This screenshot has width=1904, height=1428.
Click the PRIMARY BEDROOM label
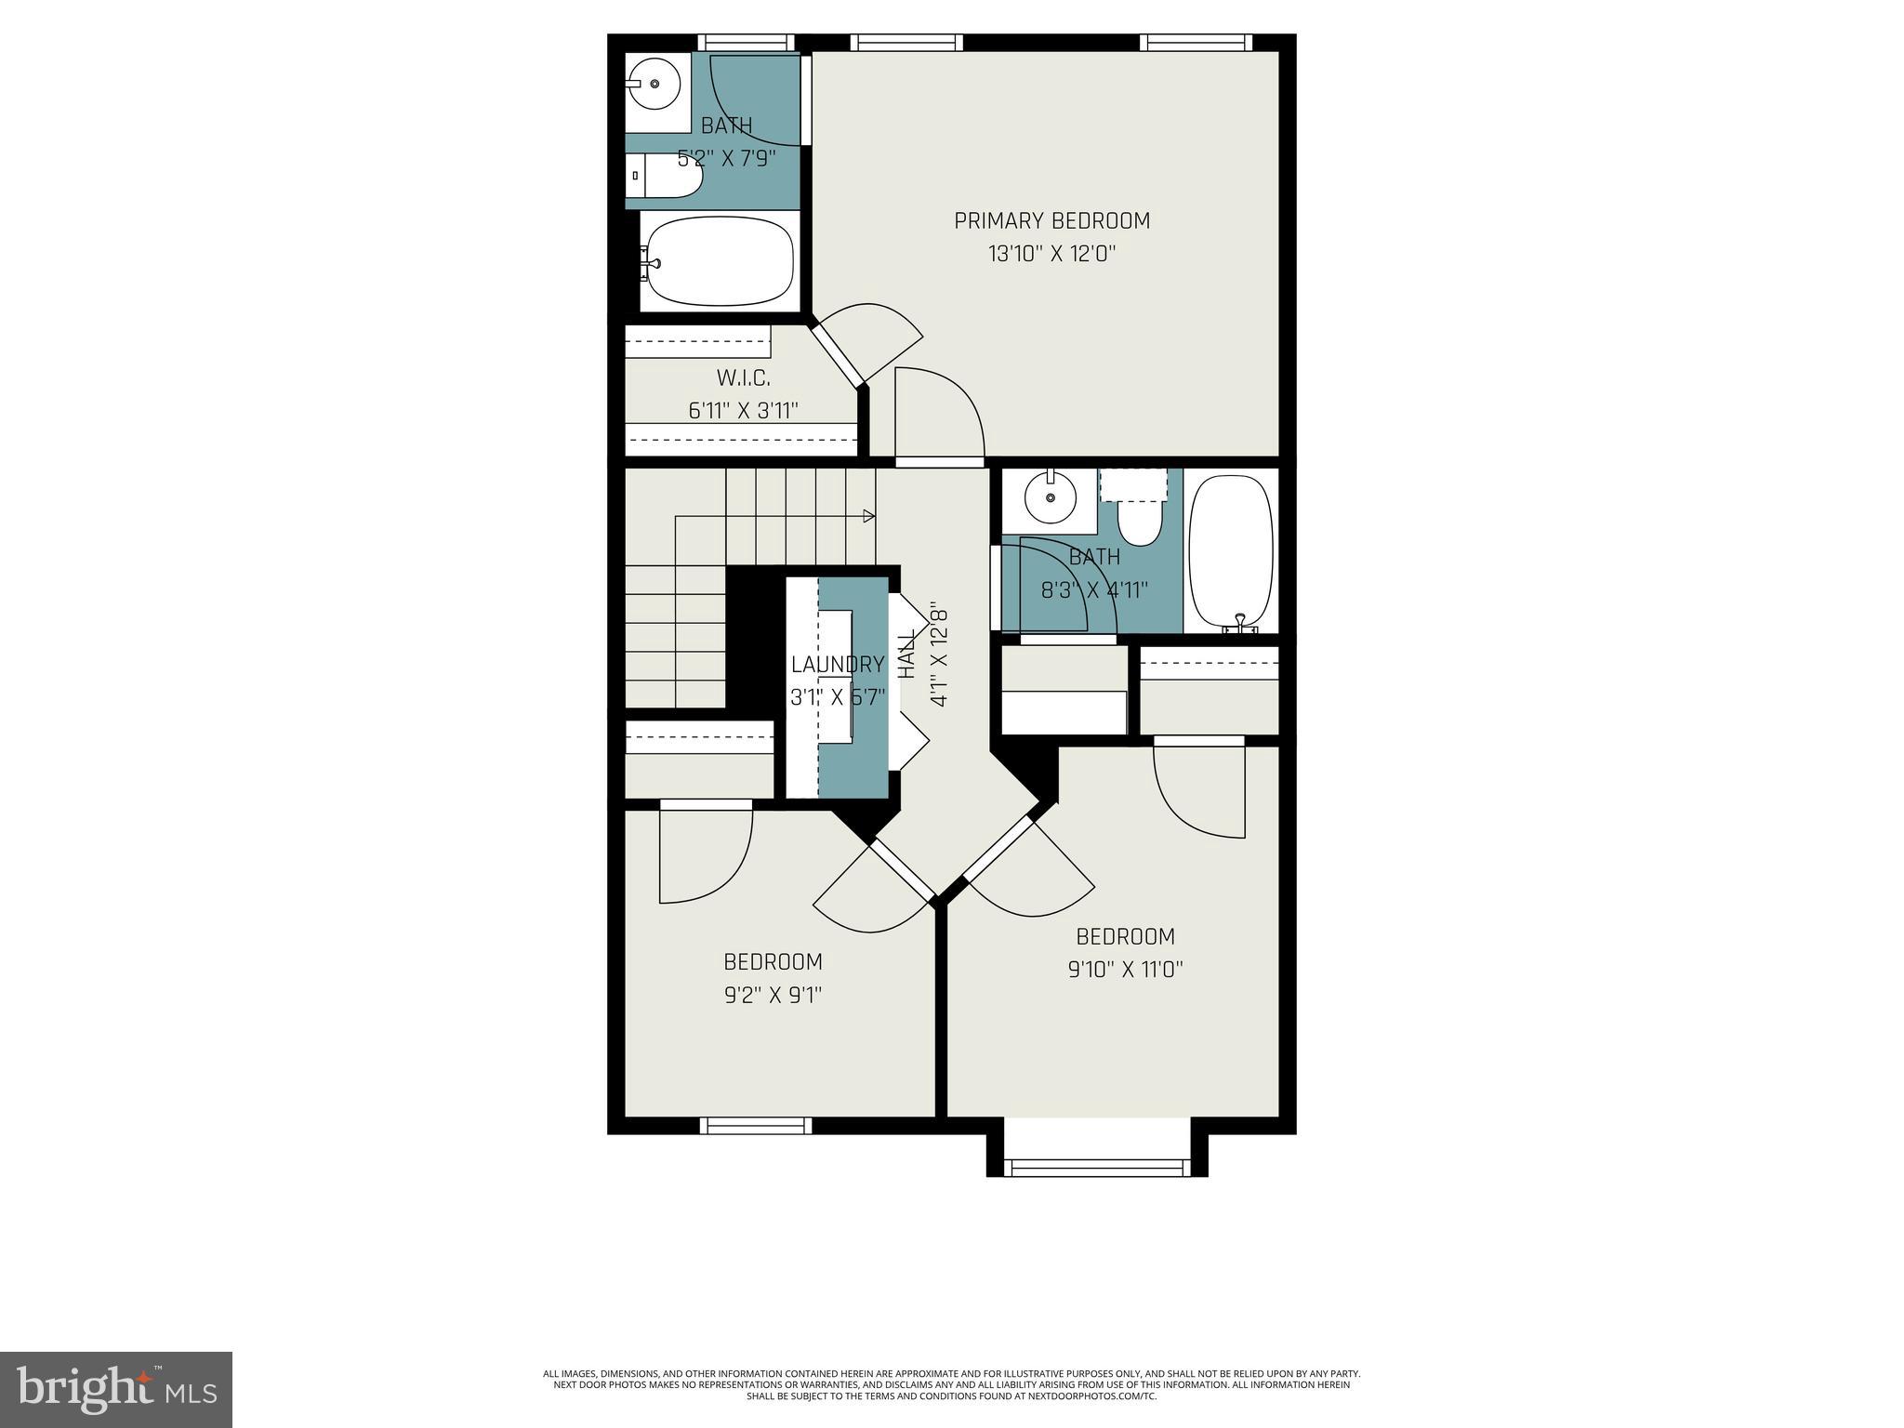pyautogui.click(x=1051, y=220)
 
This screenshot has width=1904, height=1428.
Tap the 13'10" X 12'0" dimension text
pyautogui.click(x=1051, y=254)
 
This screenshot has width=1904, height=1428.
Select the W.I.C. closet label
pyautogui.click(x=743, y=378)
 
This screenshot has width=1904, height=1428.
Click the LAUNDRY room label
pyautogui.click(x=838, y=664)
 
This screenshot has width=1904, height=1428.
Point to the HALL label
pyautogui.click(x=906, y=654)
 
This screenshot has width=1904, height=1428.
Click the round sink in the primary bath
pyautogui.click(x=654, y=84)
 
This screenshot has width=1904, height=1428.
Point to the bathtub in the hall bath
pyautogui.click(x=1231, y=551)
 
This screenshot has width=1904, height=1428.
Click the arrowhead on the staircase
pyautogui.click(x=869, y=516)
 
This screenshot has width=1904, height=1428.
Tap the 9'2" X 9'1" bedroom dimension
pyautogui.click(x=773, y=995)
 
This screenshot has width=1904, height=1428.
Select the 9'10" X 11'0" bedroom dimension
pyautogui.click(x=1125, y=970)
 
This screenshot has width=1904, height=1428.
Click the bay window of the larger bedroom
pyautogui.click(x=1097, y=1168)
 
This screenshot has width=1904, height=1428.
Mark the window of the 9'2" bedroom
pyautogui.click(x=755, y=1126)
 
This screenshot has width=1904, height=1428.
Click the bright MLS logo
pyautogui.click(x=115, y=1389)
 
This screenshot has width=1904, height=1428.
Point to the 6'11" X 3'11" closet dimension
pyautogui.click(x=743, y=410)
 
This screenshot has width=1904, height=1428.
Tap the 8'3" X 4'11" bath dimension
pyautogui.click(x=1094, y=589)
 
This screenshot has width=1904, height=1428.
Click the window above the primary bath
pyautogui.click(x=746, y=43)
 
